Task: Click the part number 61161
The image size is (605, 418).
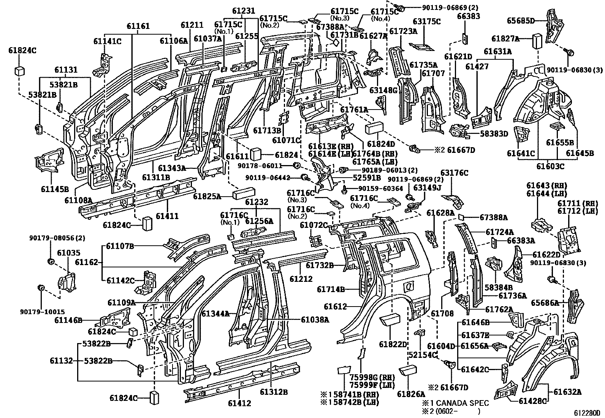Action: (138, 26)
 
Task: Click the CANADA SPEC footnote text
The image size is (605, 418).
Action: (455, 403)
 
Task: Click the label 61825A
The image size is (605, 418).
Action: (207, 196)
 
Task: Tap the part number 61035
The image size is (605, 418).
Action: (69, 253)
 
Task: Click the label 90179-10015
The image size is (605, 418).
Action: (43, 312)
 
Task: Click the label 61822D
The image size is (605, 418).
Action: (393, 344)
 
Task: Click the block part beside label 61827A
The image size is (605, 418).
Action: (537, 40)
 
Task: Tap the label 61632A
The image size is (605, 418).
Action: (567, 392)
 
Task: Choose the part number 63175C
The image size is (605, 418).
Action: (426, 21)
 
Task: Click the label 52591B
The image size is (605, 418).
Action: (367, 178)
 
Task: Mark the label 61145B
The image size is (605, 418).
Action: (55, 189)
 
